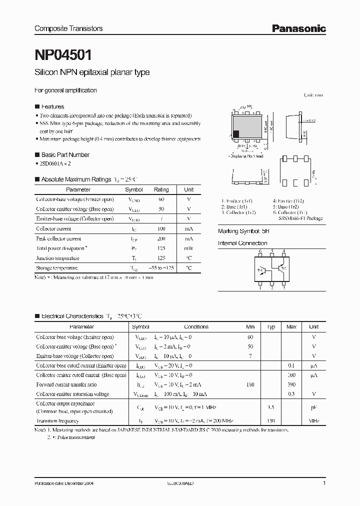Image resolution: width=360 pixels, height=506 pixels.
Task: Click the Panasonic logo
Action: (x=298, y=29)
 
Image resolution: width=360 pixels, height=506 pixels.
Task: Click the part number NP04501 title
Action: (x=62, y=53)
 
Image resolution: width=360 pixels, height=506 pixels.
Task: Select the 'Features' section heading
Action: (x=52, y=106)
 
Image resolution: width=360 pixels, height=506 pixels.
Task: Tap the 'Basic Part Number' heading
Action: (x=65, y=155)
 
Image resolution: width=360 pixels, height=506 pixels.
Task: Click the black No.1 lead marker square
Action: (x=236, y=133)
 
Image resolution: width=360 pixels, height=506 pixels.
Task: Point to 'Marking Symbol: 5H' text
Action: (x=240, y=232)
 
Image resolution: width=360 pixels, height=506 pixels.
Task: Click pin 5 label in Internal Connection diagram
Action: (x=272, y=251)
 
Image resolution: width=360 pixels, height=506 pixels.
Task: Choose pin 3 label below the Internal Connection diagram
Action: (x=284, y=288)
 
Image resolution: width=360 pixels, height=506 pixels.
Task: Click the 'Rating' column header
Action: (x=161, y=190)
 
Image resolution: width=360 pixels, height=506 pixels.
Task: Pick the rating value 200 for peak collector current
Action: (x=161, y=238)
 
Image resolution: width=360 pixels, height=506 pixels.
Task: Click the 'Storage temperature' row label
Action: (x=57, y=268)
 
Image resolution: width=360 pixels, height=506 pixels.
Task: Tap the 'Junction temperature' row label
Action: (x=57, y=258)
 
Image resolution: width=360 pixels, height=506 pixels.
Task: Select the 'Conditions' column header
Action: (x=196, y=327)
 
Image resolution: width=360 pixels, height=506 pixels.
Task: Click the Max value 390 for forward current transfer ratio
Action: (x=291, y=384)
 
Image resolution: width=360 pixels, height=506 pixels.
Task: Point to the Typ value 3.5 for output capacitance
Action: (x=271, y=407)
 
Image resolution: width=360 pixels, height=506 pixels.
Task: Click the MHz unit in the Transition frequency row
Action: (x=313, y=420)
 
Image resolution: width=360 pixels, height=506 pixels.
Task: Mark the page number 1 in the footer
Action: (x=324, y=484)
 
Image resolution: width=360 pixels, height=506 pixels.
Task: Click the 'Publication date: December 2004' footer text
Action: (x=64, y=484)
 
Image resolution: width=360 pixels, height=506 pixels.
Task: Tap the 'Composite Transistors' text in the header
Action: (x=68, y=29)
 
